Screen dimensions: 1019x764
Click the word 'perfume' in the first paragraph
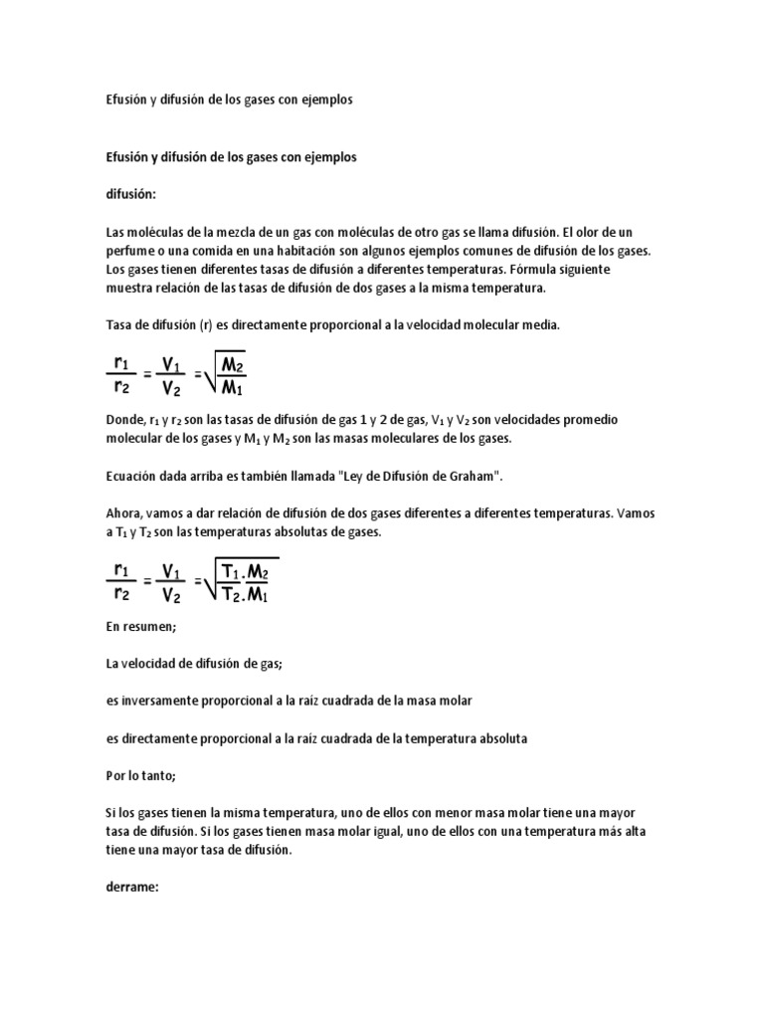click(133, 252)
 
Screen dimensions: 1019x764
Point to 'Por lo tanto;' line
click(140, 774)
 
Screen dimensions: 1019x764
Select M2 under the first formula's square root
click(246, 365)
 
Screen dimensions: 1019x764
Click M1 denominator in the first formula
click(246, 387)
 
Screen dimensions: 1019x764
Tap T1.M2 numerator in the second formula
click(249, 574)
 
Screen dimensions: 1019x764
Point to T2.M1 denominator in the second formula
click(249, 596)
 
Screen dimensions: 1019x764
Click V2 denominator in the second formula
click(171, 597)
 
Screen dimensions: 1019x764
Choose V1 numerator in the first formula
click(171, 364)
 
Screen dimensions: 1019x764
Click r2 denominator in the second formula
click(121, 594)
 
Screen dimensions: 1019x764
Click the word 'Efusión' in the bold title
click(127, 157)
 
